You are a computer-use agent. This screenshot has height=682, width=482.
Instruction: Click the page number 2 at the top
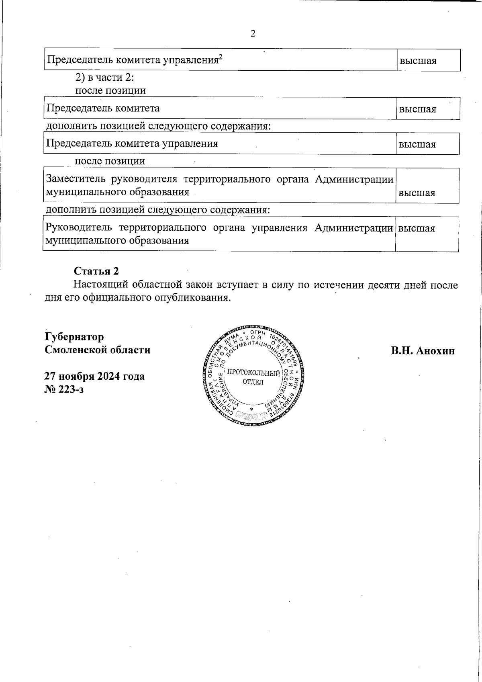point(253,33)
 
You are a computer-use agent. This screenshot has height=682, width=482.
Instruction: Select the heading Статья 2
point(96,271)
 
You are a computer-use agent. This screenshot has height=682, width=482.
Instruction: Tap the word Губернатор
point(74,336)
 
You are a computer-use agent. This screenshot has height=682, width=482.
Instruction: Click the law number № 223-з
point(64,389)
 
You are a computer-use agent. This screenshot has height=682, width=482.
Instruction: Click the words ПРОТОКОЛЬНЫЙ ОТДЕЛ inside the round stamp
point(253,377)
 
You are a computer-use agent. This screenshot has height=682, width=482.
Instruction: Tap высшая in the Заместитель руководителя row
point(417,193)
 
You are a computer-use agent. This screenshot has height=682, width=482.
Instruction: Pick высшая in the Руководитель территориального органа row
point(417,229)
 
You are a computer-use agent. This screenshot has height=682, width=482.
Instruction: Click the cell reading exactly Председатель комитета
point(103,108)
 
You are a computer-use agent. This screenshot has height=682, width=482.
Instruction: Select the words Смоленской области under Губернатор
point(98,350)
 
